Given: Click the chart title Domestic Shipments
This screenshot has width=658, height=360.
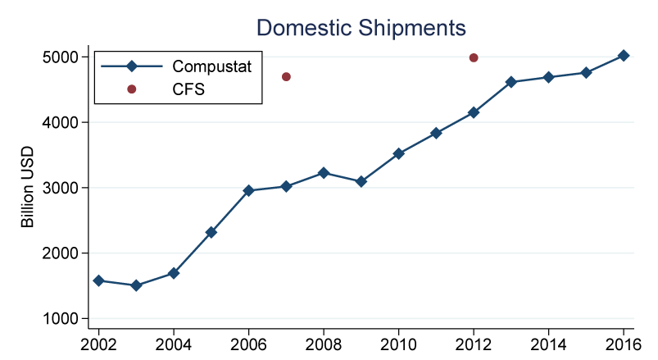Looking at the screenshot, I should point(361,27).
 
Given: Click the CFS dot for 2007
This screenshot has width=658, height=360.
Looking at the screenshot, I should point(287,77).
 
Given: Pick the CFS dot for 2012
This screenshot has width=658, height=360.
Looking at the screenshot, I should point(474,57).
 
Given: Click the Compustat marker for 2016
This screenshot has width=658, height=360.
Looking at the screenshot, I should point(624,56).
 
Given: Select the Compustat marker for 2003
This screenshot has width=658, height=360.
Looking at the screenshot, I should point(136,285).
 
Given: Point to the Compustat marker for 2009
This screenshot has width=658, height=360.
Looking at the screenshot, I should point(361,181).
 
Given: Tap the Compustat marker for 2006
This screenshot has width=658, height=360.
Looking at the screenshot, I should point(249,190).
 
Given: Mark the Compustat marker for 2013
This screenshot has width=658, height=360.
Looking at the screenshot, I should point(511,82).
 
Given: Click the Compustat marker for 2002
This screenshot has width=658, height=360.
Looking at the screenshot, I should point(99,280).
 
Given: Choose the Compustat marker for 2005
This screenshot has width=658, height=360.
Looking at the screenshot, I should point(211,232).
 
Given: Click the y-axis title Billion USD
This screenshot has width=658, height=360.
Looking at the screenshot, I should point(27,187).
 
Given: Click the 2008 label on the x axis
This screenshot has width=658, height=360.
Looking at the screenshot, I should point(324,343).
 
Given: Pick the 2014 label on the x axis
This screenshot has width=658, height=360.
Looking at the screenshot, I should point(548,343).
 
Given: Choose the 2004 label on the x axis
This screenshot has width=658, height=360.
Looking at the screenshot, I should point(174,343).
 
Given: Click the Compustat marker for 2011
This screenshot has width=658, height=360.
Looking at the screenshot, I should point(436,133).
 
